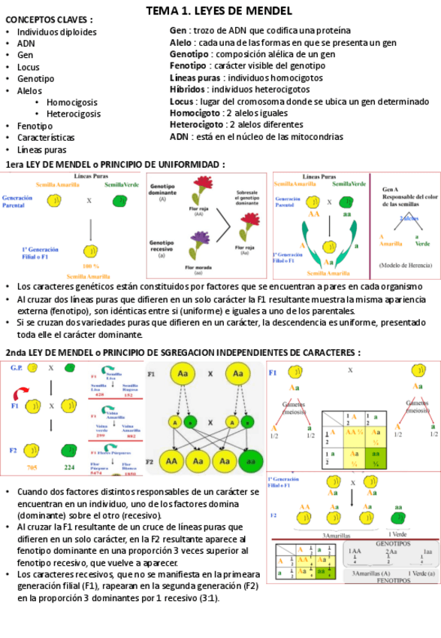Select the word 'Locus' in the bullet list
pyautogui.click(x=29, y=67)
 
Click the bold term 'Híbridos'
pyautogui.click(x=189, y=90)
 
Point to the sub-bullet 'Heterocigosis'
pyautogui.click(x=74, y=114)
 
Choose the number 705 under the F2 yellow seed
pyautogui.click(x=32, y=468)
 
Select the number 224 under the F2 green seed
pyautogui.click(x=69, y=468)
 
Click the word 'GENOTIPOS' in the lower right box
pyautogui.click(x=391, y=542)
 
